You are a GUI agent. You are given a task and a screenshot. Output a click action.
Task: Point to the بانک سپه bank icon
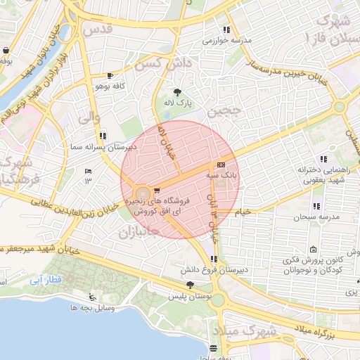222,163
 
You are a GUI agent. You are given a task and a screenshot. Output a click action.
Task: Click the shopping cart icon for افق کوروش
156,189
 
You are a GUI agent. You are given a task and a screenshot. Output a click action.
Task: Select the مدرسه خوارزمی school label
226,41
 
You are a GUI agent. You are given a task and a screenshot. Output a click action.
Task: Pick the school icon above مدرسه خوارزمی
226,30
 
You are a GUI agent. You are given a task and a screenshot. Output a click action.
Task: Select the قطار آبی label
46,279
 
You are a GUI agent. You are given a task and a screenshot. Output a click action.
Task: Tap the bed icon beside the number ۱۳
88,171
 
